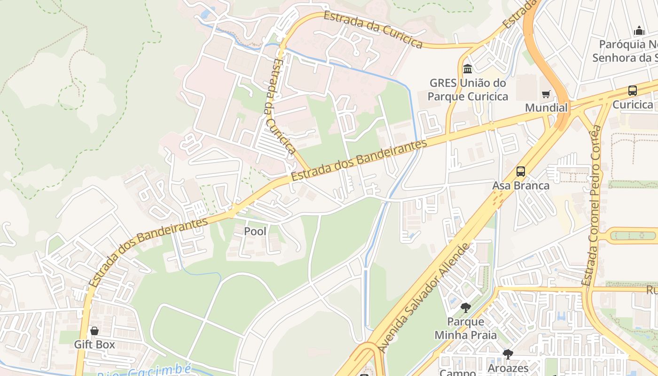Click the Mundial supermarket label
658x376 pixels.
(x=546, y=108)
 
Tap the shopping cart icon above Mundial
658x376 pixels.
(x=546, y=94)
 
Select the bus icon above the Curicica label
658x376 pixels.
(x=633, y=91)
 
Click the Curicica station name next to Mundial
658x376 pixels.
(x=633, y=104)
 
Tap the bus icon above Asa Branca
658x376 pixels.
(x=521, y=172)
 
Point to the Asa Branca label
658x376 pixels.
(x=521, y=186)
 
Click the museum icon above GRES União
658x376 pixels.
(x=468, y=69)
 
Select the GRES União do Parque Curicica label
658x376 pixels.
(x=469, y=90)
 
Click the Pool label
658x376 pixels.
(x=255, y=231)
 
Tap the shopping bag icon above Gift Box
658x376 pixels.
(x=94, y=331)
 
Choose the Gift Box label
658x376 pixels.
(x=94, y=345)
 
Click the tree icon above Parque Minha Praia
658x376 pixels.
(x=466, y=308)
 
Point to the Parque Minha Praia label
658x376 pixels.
(x=466, y=328)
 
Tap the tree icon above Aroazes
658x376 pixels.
(x=508, y=354)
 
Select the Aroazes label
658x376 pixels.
(x=508, y=368)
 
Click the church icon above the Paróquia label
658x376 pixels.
(x=639, y=31)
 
